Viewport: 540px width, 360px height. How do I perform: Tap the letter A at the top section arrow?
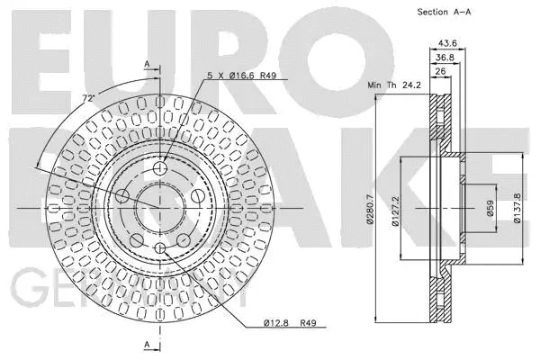click(x=146, y=64)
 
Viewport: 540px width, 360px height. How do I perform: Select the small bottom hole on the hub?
click(x=160, y=248)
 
